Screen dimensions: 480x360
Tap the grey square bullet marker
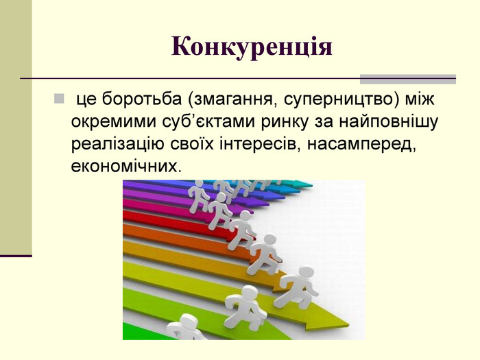[x=59, y=99]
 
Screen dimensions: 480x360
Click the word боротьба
[x=142, y=99]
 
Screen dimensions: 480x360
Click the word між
[x=420, y=99]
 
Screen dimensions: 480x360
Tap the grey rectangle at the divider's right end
[x=408, y=79]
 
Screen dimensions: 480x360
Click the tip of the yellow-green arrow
[x=349, y=324]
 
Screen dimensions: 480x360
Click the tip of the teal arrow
[x=312, y=185]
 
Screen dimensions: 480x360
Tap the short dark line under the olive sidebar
[x=16, y=256]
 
